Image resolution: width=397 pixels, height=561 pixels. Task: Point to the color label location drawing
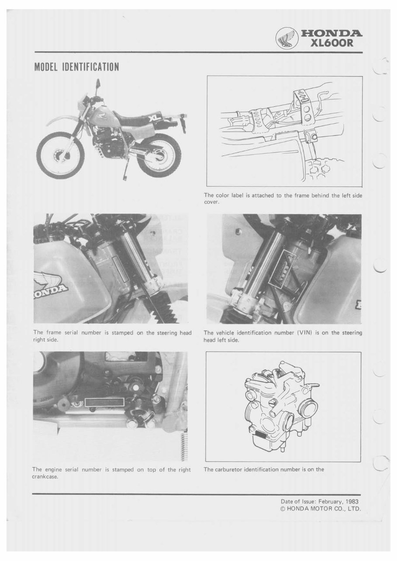284,131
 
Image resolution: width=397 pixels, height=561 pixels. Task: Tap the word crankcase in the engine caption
45,476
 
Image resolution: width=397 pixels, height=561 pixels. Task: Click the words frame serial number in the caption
71,333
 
